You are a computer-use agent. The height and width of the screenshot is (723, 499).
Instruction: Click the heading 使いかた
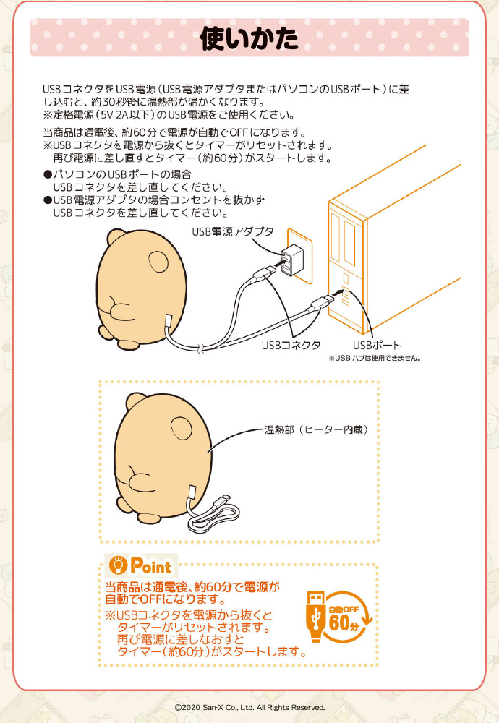[249, 38]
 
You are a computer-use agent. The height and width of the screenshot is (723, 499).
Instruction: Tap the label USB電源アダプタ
[233, 231]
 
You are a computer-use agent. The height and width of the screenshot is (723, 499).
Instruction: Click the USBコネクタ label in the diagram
[291, 345]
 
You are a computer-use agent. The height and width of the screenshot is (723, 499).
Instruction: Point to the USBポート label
[377, 345]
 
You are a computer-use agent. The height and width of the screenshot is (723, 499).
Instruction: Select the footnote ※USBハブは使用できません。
[375, 358]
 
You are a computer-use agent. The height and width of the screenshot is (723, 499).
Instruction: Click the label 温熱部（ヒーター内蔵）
[316, 429]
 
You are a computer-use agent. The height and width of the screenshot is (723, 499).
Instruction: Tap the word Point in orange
[151, 566]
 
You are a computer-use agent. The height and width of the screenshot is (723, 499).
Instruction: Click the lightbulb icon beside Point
[118, 565]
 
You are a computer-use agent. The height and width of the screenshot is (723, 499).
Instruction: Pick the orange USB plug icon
[315, 617]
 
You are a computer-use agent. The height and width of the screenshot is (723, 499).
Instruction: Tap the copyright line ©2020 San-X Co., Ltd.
[249, 707]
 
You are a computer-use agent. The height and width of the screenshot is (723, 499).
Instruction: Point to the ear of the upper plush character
[158, 262]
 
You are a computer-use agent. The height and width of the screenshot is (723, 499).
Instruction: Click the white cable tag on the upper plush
[169, 322]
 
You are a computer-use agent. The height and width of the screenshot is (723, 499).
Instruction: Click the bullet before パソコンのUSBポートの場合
[47, 174]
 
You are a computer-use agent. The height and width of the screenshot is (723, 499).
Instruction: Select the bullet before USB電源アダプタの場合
[47, 200]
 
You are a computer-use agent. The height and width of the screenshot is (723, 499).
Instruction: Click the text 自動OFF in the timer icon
[343, 609]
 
